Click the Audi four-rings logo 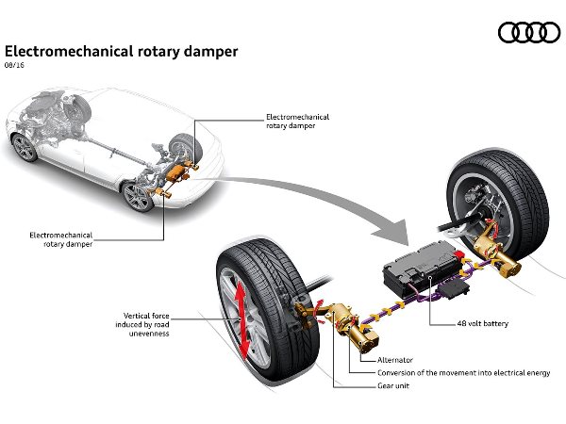tap(529, 32)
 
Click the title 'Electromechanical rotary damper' tap(122, 52)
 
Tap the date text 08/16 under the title tap(14, 65)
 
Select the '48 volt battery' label tap(482, 323)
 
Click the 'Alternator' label tap(395, 360)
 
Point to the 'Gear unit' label tap(393, 385)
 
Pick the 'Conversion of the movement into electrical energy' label tap(464, 373)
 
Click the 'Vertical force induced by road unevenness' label tap(142, 324)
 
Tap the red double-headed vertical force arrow tap(241, 319)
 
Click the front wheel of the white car tap(25, 147)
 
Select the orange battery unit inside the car tap(176, 171)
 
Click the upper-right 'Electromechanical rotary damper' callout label tap(297, 122)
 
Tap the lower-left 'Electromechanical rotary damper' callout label tap(61, 239)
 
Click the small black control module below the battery tap(454, 288)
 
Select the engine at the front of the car tap(47, 114)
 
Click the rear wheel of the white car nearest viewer tap(138, 197)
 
